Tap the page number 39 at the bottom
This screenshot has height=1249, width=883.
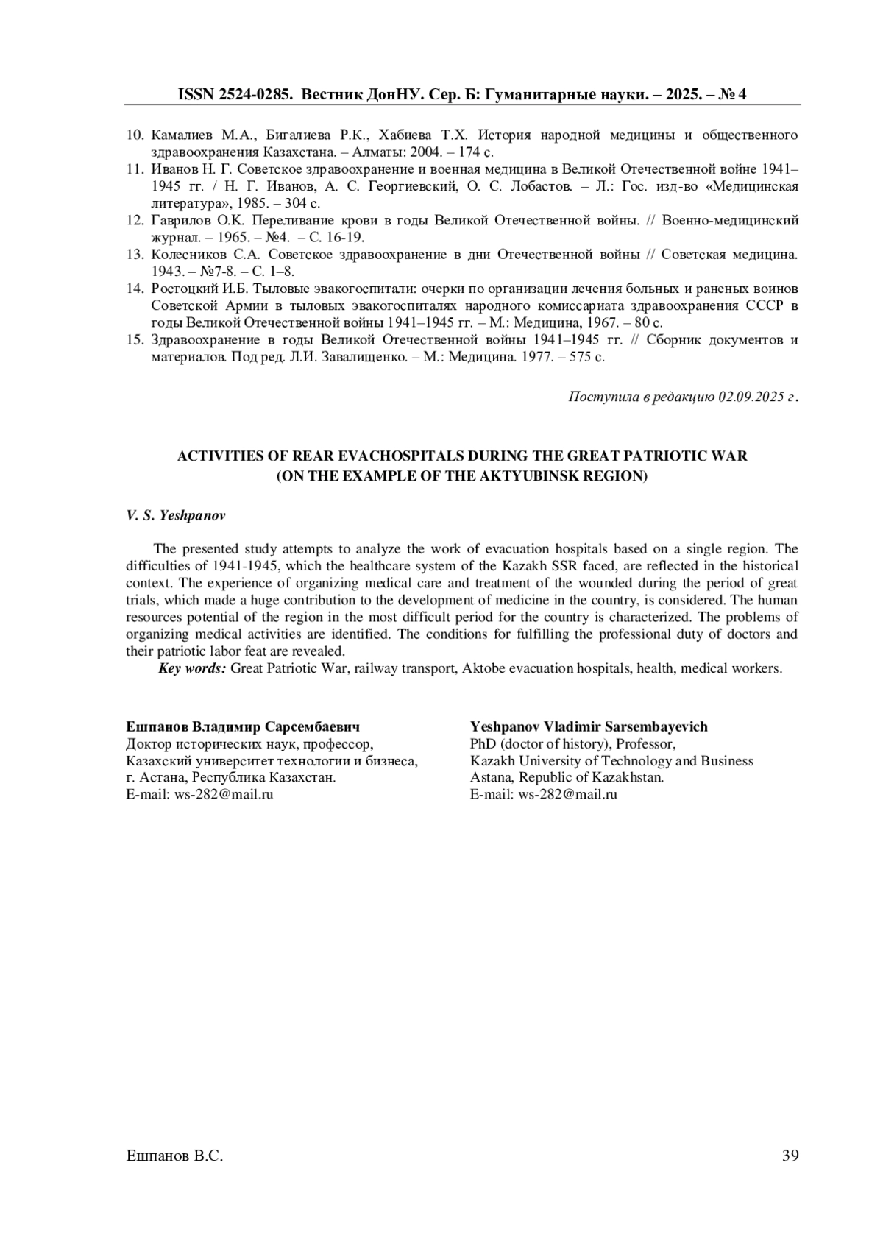click(790, 1156)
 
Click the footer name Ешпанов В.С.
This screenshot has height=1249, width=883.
click(174, 1156)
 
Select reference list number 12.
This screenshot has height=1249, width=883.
click(134, 220)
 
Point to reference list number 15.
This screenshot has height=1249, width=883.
click(134, 339)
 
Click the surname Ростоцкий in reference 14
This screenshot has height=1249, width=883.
click(184, 288)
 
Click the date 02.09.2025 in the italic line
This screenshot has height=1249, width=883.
click(752, 397)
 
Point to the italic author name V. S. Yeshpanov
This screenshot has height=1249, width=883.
click(176, 515)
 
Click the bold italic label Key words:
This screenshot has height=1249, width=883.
click(193, 668)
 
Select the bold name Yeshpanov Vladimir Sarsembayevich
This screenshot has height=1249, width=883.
click(589, 726)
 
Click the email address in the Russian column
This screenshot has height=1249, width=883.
click(224, 794)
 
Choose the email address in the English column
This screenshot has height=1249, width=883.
click(567, 794)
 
